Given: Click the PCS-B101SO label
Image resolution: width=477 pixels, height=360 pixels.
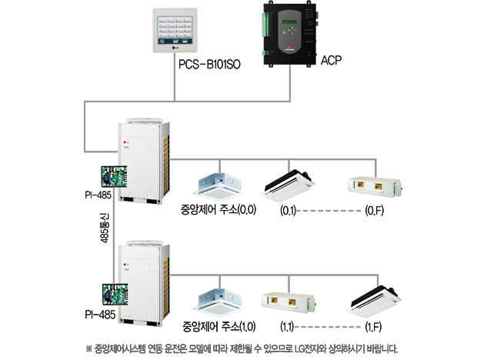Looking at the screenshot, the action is coord(209,64).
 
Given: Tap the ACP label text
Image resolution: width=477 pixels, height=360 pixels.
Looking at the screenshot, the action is coord(331,60).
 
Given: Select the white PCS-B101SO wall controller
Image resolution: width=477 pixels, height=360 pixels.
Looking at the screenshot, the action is coord(175,31).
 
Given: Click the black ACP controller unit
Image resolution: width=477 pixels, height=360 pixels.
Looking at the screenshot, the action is coord(289,34).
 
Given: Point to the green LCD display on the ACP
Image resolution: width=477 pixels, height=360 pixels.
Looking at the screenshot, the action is coord(290,22).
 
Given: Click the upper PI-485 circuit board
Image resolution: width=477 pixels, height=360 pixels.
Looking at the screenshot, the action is coord(114,176).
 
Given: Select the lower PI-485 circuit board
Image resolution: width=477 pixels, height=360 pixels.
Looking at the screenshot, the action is coord(115,295).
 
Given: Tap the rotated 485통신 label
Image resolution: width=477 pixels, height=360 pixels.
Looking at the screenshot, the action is coord(104,228).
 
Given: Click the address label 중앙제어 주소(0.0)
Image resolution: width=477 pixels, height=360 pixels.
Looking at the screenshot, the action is coord(218,210).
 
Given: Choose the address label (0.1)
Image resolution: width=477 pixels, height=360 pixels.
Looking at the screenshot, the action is coord(288,211).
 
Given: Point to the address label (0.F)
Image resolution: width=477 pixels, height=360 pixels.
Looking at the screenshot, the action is coord(374,211).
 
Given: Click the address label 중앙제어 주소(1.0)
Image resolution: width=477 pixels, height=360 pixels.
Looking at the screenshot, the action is coord(218,327).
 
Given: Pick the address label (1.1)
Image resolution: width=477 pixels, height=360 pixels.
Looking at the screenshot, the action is coord(287,327).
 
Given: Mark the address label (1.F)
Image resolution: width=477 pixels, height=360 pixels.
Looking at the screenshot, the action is coord(373,327).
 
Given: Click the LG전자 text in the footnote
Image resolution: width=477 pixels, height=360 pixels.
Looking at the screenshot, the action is coord(308,348).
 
